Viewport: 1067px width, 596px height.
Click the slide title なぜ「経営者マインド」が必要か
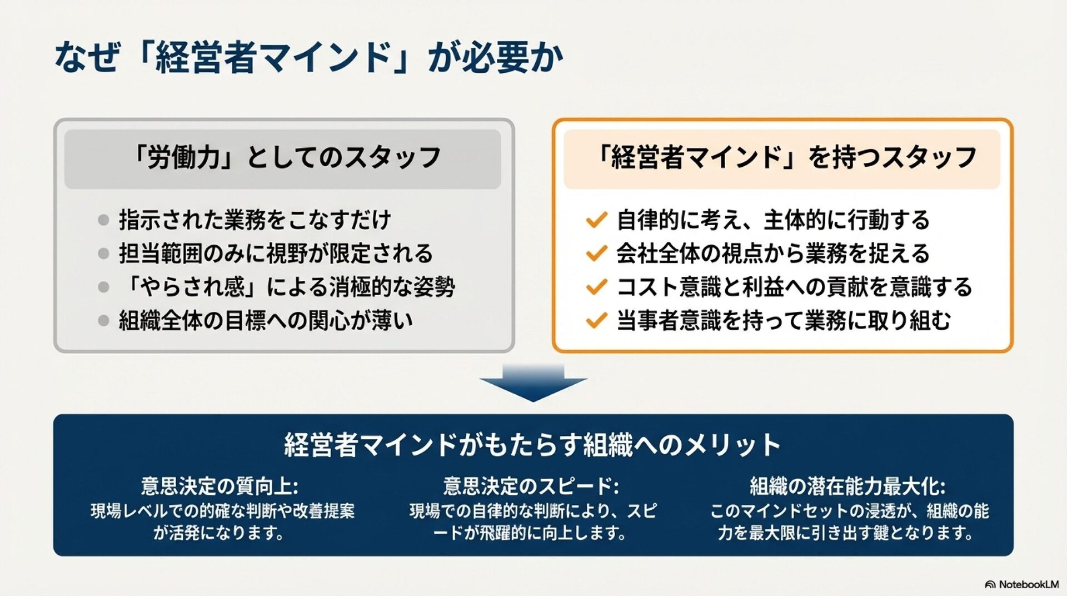[x=308, y=58]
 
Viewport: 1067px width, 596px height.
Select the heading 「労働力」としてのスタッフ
[x=285, y=158]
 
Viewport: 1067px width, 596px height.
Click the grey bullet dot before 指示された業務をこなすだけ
[x=103, y=220]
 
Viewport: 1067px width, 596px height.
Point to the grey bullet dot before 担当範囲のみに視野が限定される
[x=103, y=254]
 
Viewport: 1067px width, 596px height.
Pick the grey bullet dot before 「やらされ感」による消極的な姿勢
[x=103, y=287]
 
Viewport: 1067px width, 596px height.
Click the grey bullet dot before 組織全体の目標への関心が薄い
[x=103, y=320]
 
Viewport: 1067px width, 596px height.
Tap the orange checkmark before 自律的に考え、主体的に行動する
[x=596, y=220]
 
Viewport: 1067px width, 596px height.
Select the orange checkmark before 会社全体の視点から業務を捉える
[x=596, y=254]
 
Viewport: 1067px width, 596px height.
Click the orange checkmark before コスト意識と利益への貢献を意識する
[x=596, y=287]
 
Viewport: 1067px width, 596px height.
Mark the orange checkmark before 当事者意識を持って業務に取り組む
[x=596, y=320]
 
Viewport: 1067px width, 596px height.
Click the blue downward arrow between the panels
[x=533, y=383]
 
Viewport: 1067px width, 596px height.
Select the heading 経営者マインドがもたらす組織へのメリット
[x=532, y=445]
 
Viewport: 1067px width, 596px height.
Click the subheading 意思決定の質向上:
[x=220, y=486]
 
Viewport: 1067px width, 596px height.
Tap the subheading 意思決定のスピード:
[x=531, y=486]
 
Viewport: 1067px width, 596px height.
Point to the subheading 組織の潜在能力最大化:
[x=847, y=486]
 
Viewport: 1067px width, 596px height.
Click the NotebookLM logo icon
[x=990, y=585]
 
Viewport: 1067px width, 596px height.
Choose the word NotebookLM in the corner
[x=1029, y=585]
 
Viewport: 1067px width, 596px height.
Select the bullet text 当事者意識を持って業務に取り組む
[x=784, y=320]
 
